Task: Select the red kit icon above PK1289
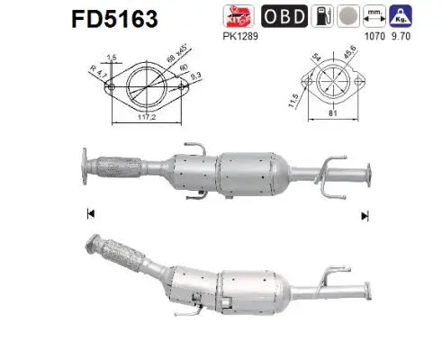237,16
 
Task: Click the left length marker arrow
90,214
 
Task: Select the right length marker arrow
364,215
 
